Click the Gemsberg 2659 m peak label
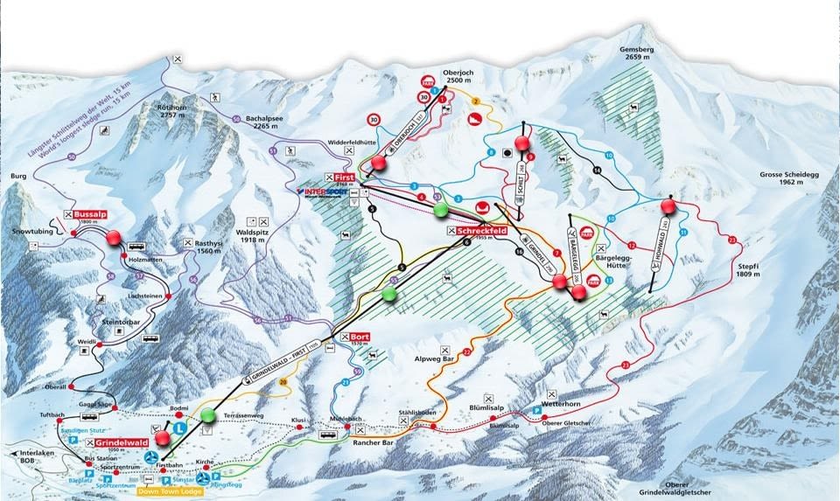(x=635, y=56)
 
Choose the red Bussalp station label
(x=89, y=213)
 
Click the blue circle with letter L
(x=179, y=428)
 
